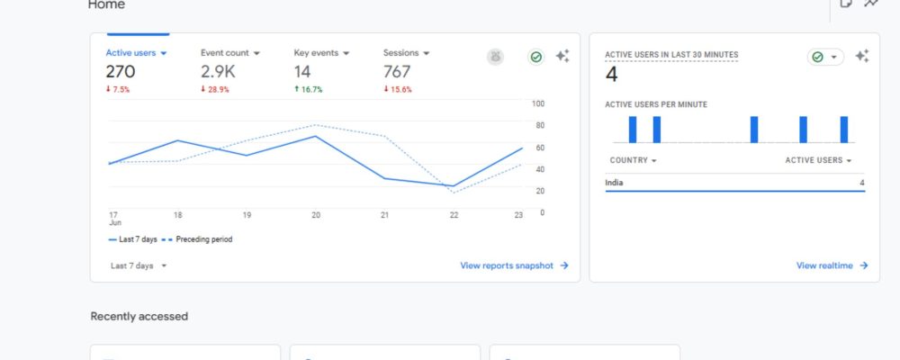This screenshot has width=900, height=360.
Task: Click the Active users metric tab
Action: pyautogui.click(x=136, y=53)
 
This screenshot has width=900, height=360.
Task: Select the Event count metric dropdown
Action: pyautogui.click(x=230, y=53)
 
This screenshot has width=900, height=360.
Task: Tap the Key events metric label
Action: pyautogui.click(x=316, y=53)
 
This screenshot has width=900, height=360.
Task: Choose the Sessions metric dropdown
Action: pyautogui.click(x=407, y=53)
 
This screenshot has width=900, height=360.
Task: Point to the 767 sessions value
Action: pyautogui.click(x=397, y=72)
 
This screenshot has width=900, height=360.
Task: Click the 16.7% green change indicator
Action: pyautogui.click(x=308, y=90)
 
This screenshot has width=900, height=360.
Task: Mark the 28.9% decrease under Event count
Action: pyautogui.click(x=215, y=90)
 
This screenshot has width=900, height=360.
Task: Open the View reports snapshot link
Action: pyautogui.click(x=514, y=265)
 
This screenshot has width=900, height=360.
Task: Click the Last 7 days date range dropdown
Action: pyautogui.click(x=139, y=265)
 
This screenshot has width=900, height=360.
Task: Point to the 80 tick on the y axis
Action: pyautogui.click(x=538, y=125)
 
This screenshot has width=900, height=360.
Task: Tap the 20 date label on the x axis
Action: pyautogui.click(x=316, y=215)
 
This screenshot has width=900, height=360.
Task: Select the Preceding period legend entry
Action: pyautogui.click(x=197, y=239)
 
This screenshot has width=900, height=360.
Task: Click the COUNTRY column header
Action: pyautogui.click(x=633, y=160)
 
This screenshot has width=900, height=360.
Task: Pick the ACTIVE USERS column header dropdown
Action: pyautogui.click(x=818, y=160)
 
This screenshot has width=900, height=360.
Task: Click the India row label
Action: pyautogui.click(x=614, y=183)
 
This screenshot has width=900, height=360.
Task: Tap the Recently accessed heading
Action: pyautogui.click(x=139, y=317)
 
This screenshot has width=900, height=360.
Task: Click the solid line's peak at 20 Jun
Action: pyautogui.click(x=315, y=136)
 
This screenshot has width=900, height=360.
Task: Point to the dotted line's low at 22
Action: pyautogui.click(x=454, y=193)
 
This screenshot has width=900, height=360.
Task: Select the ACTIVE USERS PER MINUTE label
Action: pyautogui.click(x=656, y=104)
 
